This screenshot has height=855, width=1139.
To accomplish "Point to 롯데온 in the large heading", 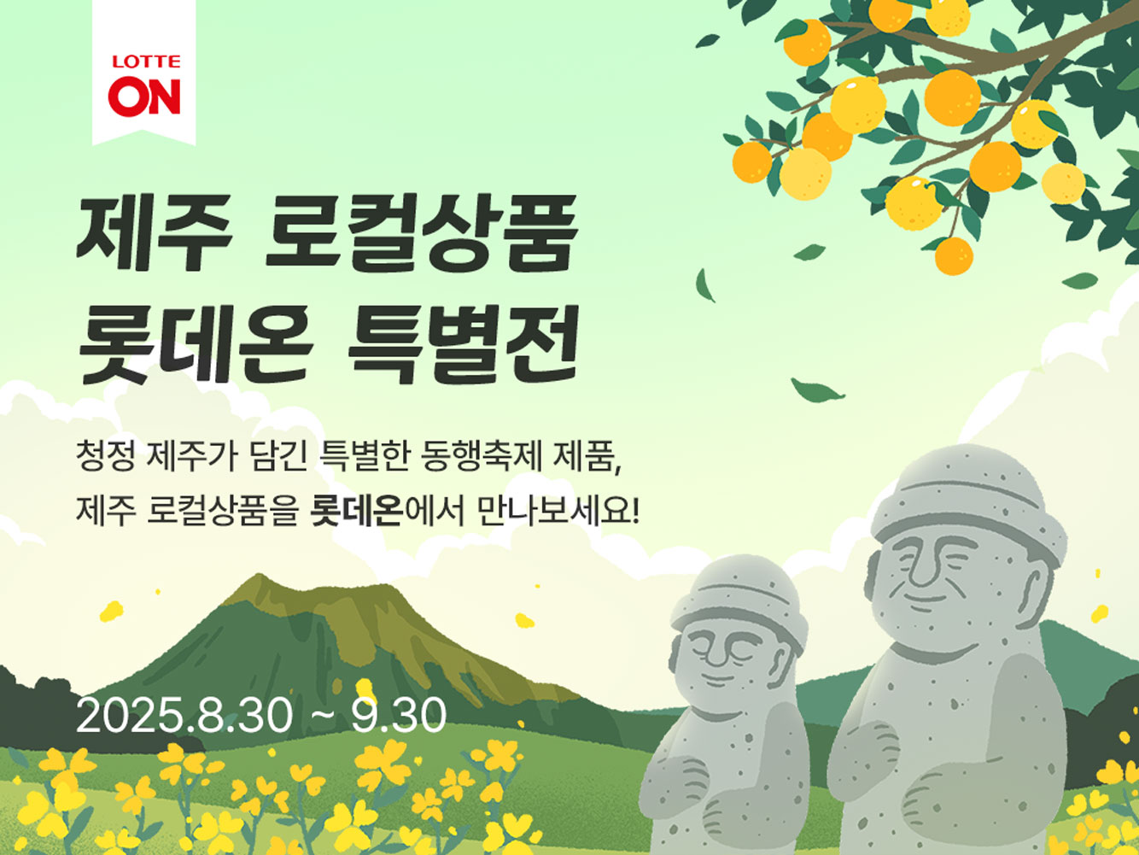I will pyautogui.click(x=192, y=347).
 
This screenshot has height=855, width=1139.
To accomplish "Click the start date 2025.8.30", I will pyautogui.click(x=184, y=716).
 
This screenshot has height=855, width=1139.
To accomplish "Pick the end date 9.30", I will pyautogui.click(x=399, y=716).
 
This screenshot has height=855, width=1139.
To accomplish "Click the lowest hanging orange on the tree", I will pyautogui.click(x=953, y=255).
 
